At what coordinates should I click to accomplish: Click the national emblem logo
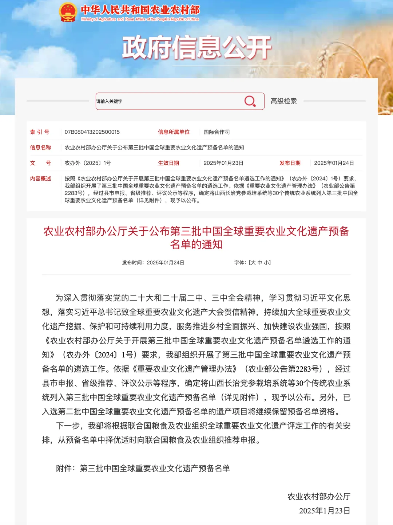(68, 12)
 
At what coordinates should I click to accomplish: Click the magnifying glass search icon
(250, 101)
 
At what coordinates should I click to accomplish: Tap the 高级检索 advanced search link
(283, 101)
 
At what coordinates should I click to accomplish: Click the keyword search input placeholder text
(109, 101)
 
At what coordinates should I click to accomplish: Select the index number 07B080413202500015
(92, 132)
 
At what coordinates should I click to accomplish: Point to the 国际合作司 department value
(217, 132)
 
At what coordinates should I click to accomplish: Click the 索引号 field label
(40, 132)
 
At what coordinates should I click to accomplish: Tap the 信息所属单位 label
(174, 132)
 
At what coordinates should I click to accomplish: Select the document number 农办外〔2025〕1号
(88, 163)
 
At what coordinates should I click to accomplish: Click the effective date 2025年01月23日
(223, 163)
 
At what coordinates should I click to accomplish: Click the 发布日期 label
(290, 163)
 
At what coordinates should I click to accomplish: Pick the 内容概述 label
(40, 179)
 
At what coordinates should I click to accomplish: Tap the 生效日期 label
(168, 163)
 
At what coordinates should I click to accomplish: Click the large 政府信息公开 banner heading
(196, 48)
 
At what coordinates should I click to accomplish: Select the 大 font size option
(253, 262)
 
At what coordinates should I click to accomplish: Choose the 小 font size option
(267, 262)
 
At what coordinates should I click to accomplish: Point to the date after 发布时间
(166, 262)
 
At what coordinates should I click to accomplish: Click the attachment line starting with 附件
(143, 468)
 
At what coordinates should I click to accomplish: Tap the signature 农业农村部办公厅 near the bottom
(319, 496)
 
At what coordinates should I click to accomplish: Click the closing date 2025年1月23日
(325, 511)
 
